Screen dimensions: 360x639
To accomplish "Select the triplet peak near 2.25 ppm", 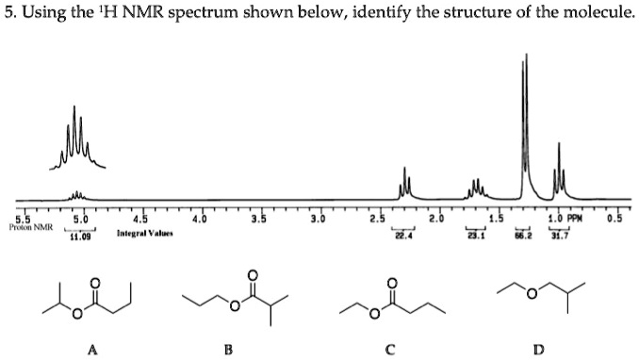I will click(x=406, y=184).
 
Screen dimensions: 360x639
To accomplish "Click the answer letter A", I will click(x=91, y=350).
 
